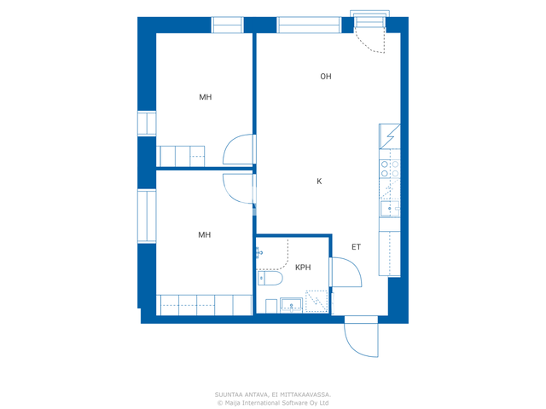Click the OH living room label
pos(326,77)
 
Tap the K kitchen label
pos(319,181)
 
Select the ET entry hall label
pos(356,247)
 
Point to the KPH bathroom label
pos(303,268)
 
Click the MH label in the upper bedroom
pos(205,97)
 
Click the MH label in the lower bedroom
pos(205,235)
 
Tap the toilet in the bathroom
pos(270,279)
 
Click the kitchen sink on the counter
pos(390,208)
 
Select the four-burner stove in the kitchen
pos(390,169)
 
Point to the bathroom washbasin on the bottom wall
pos(291,305)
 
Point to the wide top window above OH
pos(309,25)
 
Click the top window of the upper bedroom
pos(228,25)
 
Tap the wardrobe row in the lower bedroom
pos(205,305)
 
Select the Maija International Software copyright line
pos(273,403)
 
